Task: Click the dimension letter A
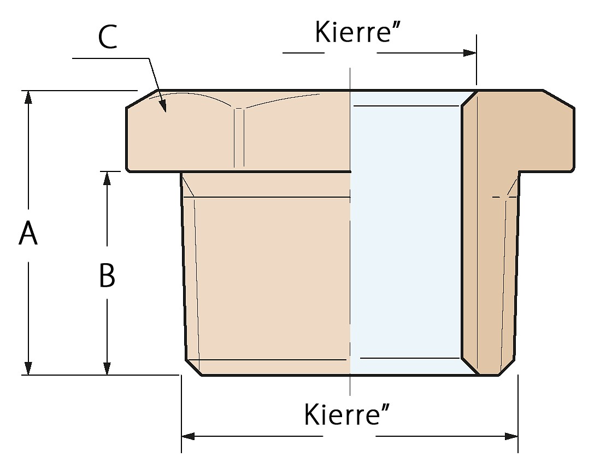pyautogui.click(x=28, y=234)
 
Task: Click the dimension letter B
pyautogui.click(x=107, y=275)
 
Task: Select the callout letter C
pyautogui.click(x=108, y=38)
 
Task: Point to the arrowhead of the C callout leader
pyautogui.click(x=162, y=105)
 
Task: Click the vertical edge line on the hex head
pyautogui.click(x=238, y=136)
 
